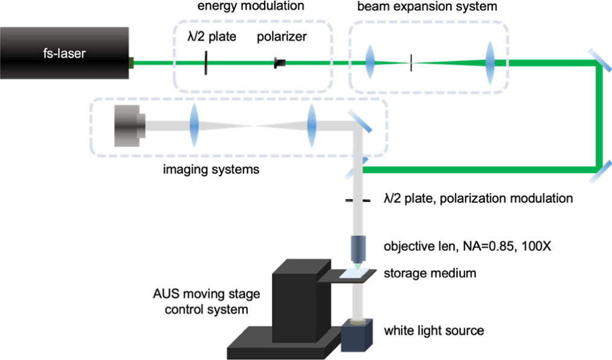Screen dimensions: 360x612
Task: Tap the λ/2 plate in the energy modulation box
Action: [x=207, y=62]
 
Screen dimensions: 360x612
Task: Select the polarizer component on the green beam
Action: [x=280, y=62]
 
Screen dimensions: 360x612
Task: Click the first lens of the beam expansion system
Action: [x=370, y=62]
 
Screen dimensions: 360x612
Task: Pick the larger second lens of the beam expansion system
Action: [x=490, y=62]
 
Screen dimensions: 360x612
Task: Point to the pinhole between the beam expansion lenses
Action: [x=411, y=62]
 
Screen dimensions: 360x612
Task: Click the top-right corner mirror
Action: [x=599, y=62]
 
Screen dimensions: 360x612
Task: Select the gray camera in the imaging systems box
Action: [x=128, y=125]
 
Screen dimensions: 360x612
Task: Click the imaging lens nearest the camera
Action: [x=194, y=125]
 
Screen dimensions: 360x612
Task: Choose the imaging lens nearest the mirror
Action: [x=311, y=125]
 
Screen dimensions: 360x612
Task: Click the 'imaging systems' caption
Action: [x=210, y=169]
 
